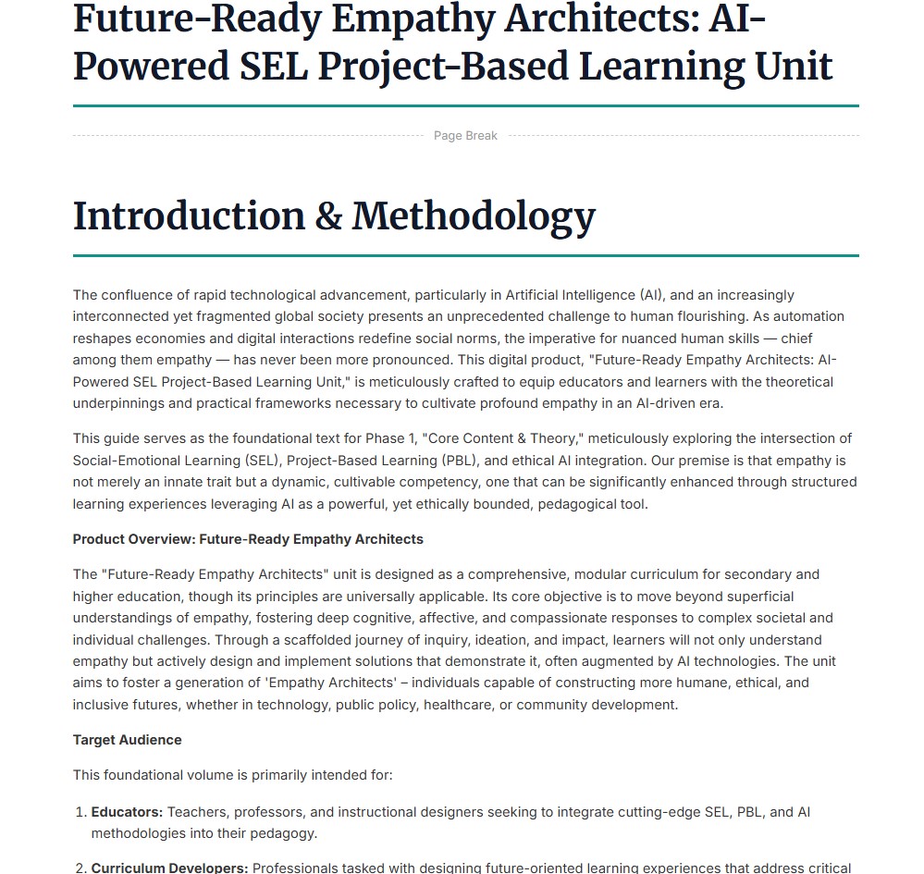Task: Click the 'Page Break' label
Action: pyautogui.click(x=465, y=136)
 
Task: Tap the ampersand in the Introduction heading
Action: pyautogui.click(x=327, y=216)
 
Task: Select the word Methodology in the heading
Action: pyautogui.click(x=473, y=216)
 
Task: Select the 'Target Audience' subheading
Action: pyautogui.click(x=127, y=740)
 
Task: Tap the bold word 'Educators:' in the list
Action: pyautogui.click(x=127, y=812)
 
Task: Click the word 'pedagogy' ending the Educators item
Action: pyautogui.click(x=285, y=833)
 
